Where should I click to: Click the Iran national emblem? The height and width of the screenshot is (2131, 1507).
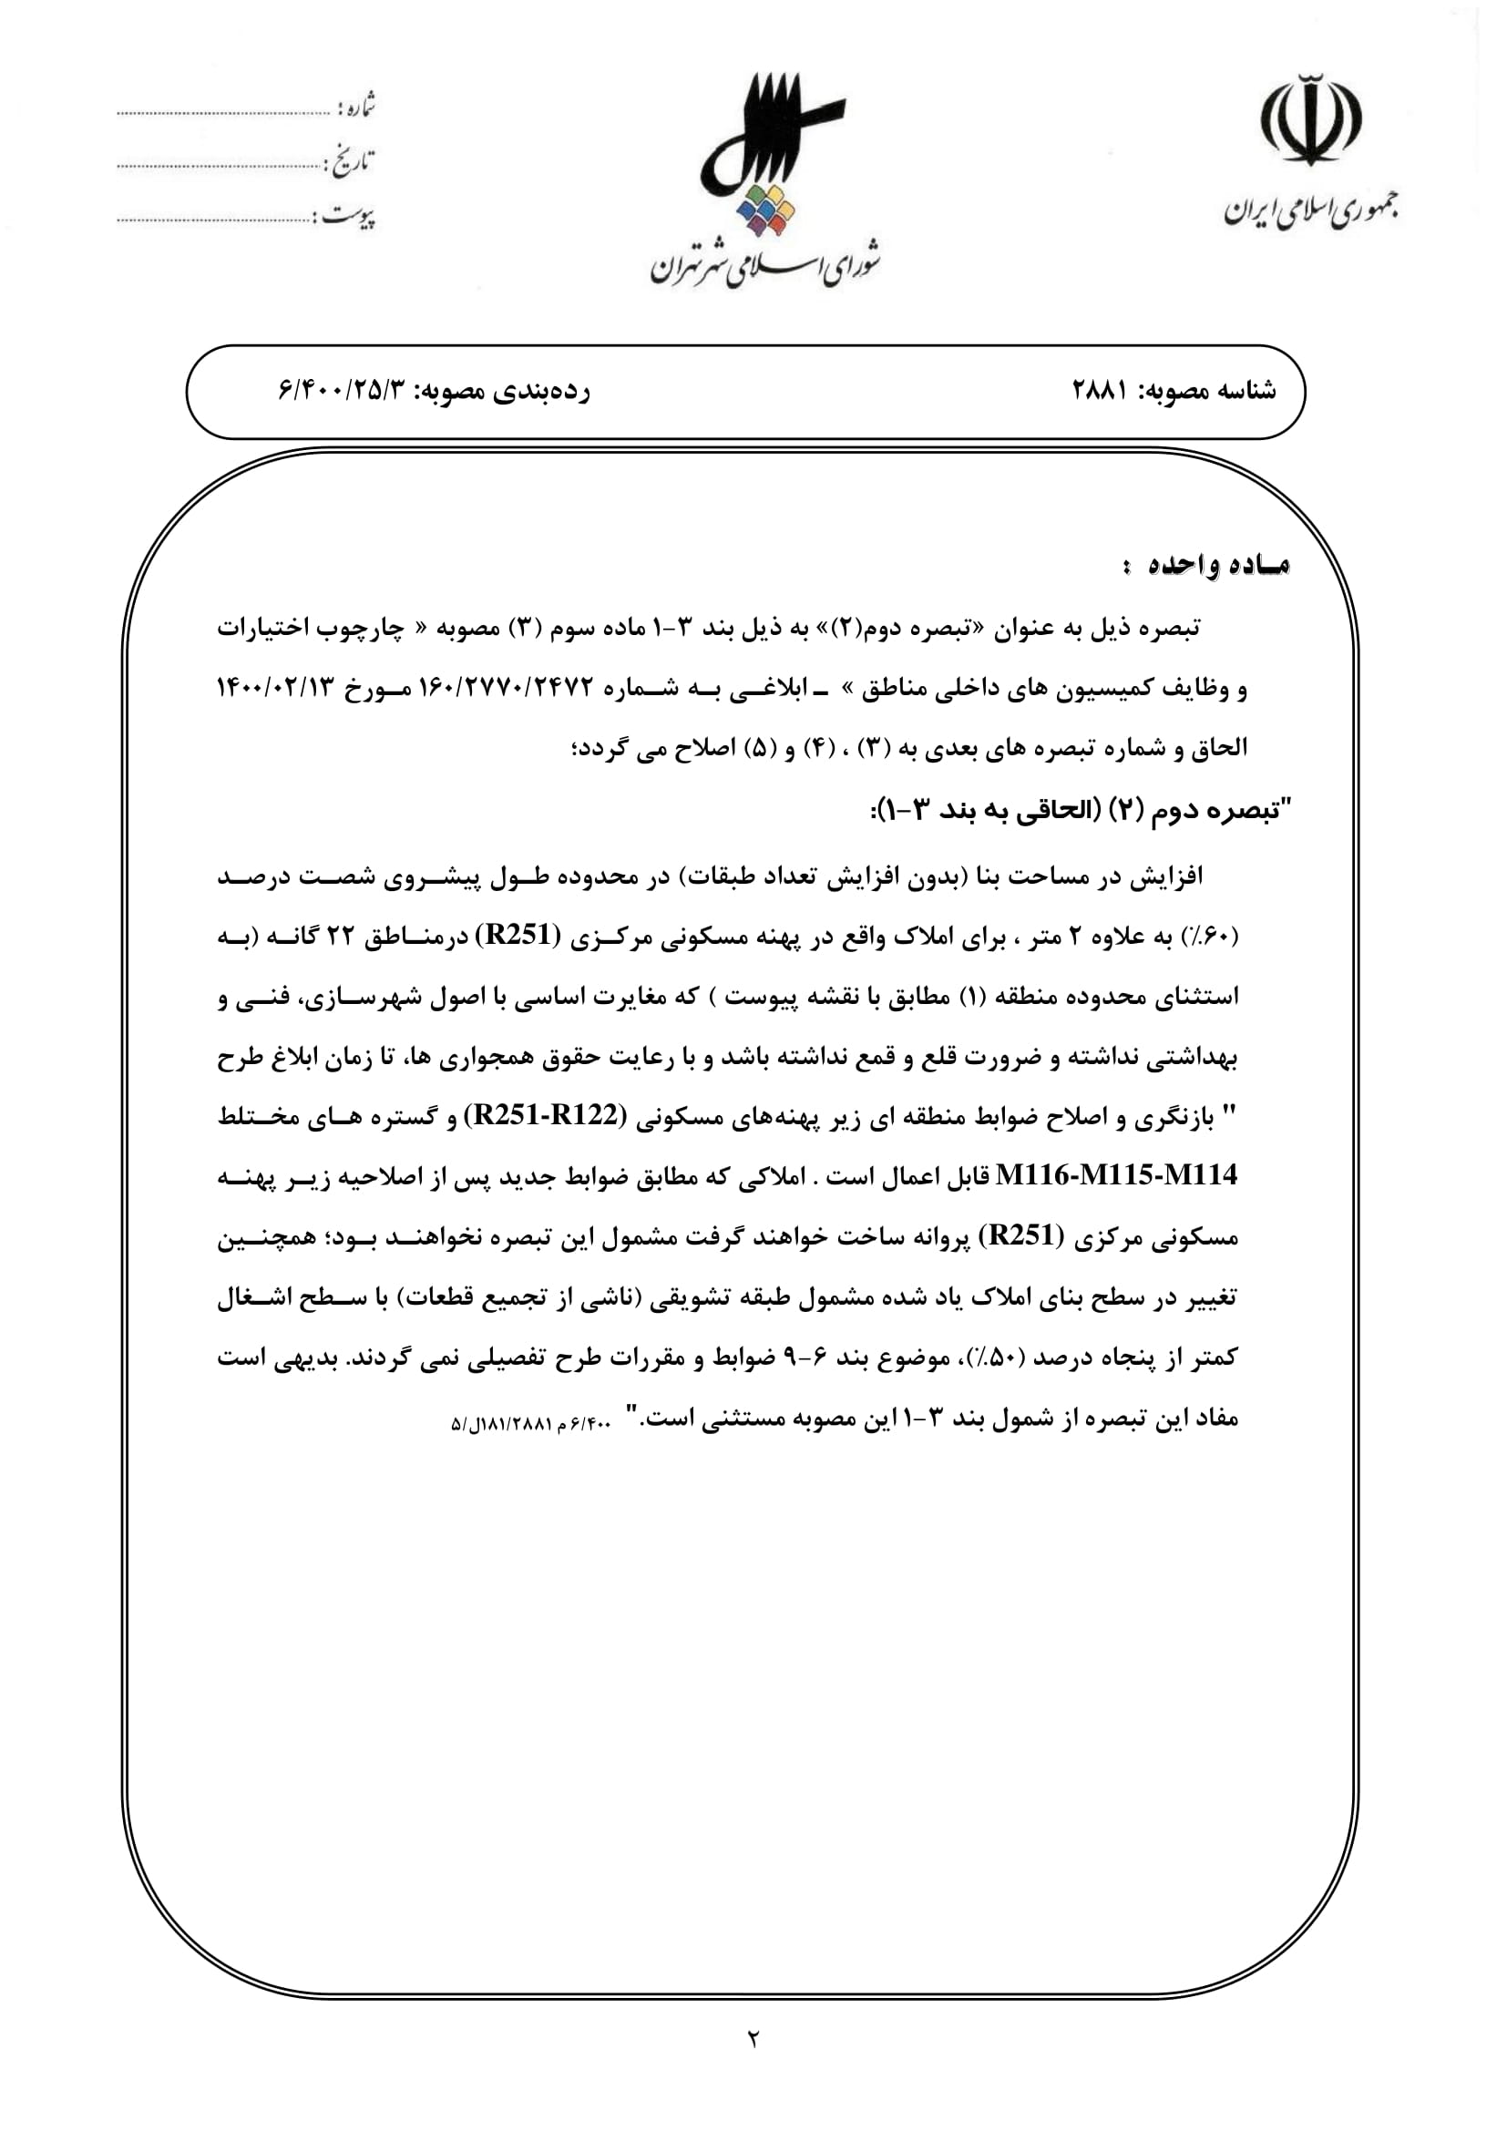pos(1311,120)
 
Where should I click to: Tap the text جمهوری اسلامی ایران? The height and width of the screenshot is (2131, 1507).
pos(1311,212)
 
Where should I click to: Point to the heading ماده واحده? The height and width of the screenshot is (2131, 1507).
pos(1206,565)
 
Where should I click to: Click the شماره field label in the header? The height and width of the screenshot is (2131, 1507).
pos(356,108)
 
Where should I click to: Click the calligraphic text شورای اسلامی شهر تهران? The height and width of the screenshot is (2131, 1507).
pos(764,264)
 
